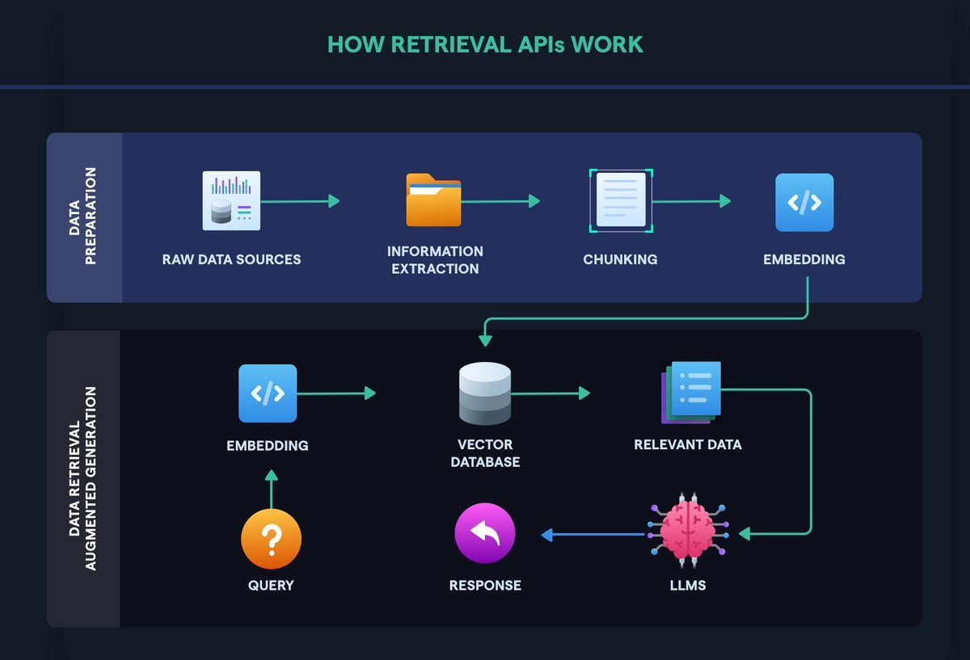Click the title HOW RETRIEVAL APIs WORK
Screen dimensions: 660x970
coord(485,44)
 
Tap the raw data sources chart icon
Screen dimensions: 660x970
coord(231,200)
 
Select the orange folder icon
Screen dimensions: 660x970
coord(433,200)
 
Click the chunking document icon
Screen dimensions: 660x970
coord(621,200)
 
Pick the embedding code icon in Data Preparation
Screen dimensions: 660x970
coord(803,202)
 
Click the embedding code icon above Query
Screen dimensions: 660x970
coord(268,393)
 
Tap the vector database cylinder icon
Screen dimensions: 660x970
coord(485,393)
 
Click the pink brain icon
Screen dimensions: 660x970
coord(687,532)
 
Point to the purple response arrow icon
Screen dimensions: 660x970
coord(485,533)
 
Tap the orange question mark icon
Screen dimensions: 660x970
coord(272,540)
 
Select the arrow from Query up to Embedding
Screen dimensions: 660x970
coord(271,490)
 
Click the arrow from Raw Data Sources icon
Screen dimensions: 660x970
coord(300,201)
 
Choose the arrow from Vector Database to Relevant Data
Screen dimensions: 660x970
coord(550,393)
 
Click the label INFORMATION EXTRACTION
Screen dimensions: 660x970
coord(435,259)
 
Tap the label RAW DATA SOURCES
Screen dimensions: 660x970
coord(231,259)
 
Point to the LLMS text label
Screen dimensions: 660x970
coord(688,585)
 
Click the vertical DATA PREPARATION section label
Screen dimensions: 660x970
coord(84,216)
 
